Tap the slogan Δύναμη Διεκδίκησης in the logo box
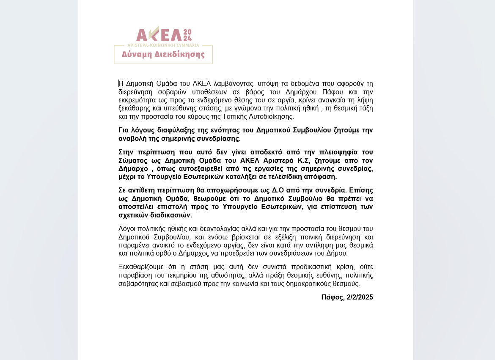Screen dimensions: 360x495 click(163, 55)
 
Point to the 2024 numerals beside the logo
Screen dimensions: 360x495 click(188, 35)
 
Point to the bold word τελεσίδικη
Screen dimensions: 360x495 click(286, 177)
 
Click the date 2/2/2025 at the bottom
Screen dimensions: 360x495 click(360, 297)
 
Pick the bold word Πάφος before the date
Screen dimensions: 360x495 click(332, 297)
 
